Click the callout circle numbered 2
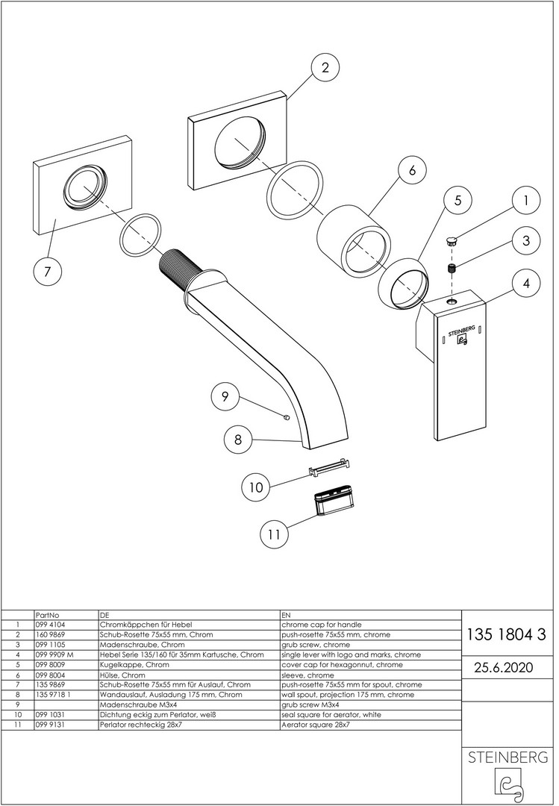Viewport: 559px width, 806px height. click(325, 68)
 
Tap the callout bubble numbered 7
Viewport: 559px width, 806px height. click(48, 272)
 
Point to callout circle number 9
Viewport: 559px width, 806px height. click(225, 396)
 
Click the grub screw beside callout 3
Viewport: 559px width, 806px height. click(452, 268)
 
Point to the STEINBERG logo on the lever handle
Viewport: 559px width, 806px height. click(460, 332)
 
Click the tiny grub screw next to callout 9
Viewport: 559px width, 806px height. click(287, 417)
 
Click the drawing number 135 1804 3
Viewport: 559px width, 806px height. click(506, 635)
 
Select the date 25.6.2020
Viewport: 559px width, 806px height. click(505, 667)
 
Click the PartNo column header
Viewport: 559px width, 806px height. click(46, 614)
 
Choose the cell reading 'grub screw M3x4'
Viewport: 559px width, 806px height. click(310, 704)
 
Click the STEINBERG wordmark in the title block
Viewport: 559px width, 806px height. click(508, 757)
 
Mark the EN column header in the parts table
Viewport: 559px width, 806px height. click(287, 614)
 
